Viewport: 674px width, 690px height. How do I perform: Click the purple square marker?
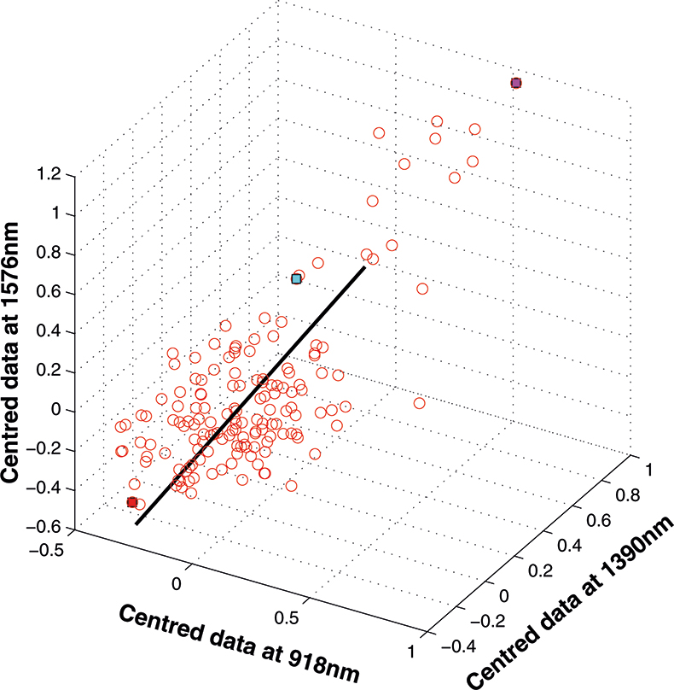[515, 83]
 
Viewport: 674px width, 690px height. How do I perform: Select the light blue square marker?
[296, 278]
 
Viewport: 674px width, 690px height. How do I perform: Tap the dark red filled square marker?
[132, 502]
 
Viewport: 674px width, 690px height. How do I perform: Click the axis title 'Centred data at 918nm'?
[236, 643]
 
